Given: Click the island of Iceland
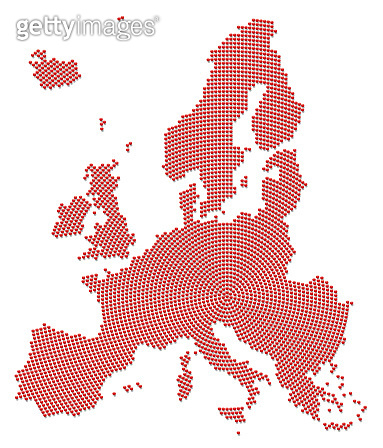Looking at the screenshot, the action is [54, 69].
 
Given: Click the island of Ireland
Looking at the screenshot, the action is [72, 215].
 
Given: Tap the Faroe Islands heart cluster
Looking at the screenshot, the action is [102, 124].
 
